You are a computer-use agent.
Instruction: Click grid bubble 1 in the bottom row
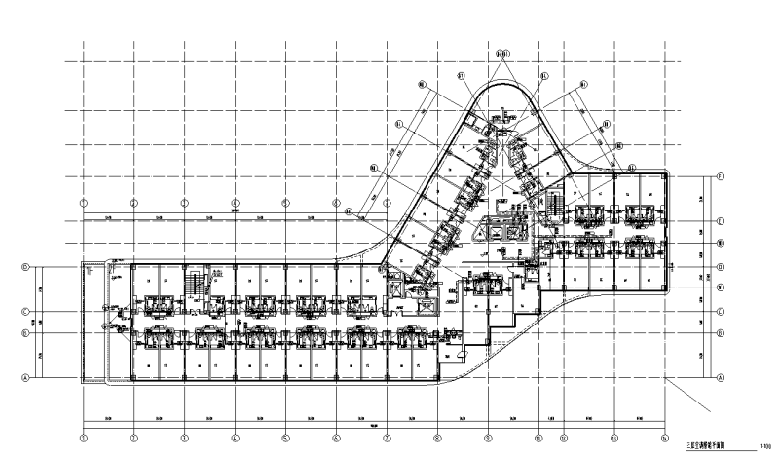85,437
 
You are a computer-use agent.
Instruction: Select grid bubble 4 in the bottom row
235,437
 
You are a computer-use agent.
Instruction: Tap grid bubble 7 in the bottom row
387,437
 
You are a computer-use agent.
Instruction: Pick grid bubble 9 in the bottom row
487,437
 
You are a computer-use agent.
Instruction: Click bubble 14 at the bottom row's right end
664,437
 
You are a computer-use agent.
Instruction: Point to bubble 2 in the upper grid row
134,203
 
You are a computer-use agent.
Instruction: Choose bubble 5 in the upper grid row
285,203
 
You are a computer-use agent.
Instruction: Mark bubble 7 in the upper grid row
387,203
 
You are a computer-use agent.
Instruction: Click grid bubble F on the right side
722,176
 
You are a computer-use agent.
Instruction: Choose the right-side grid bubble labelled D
722,266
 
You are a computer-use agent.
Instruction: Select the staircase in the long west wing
195,284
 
